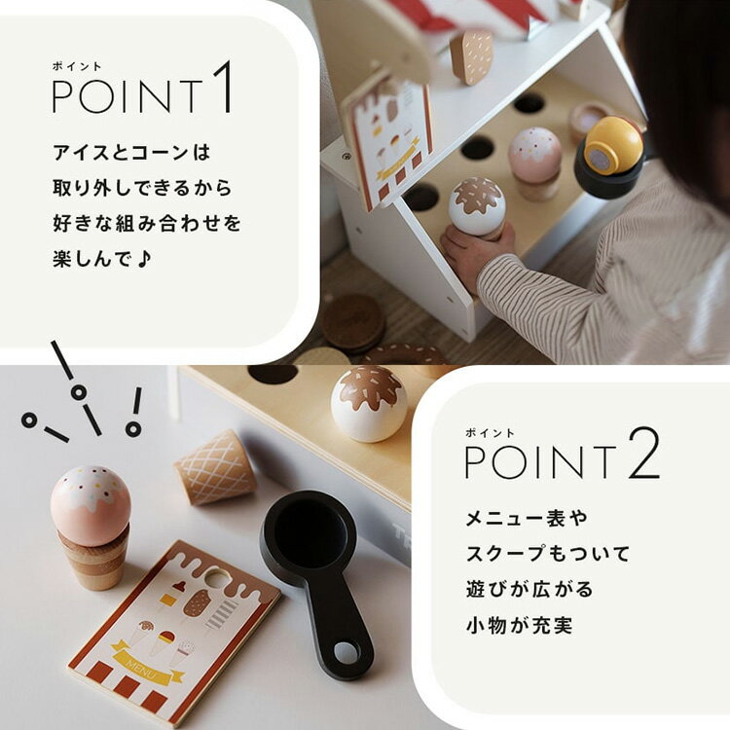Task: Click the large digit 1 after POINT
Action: click(222, 87)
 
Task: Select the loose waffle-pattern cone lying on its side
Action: click(215, 468)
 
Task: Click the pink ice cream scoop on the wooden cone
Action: click(91, 504)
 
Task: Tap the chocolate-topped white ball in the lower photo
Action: click(369, 404)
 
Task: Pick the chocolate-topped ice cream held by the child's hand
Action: click(477, 207)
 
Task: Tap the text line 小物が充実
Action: click(519, 625)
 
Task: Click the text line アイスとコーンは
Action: click(131, 153)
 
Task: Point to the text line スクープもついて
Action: click(547, 554)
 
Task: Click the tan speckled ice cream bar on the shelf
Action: click(472, 56)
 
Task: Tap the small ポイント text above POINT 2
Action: click(490, 433)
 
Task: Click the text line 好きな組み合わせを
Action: click(147, 224)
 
